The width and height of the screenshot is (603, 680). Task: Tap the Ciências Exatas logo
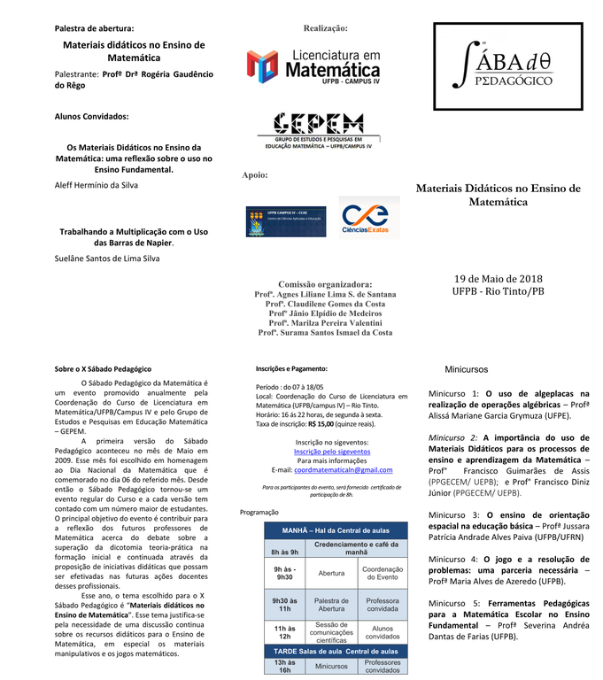coord(368,216)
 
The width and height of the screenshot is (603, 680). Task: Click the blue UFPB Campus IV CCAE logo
coord(273,221)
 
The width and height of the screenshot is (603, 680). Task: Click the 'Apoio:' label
coord(255,175)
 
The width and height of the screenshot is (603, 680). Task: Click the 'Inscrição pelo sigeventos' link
coord(332,451)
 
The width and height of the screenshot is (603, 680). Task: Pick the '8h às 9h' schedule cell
coord(284,552)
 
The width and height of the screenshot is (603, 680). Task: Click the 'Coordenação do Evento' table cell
coord(383,573)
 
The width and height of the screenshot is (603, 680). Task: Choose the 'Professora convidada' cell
coord(383,605)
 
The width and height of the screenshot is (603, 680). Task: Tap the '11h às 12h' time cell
coord(284,631)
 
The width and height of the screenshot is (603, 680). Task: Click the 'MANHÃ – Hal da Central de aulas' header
coord(336,529)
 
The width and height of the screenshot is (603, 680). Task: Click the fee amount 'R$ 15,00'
coord(322,424)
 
